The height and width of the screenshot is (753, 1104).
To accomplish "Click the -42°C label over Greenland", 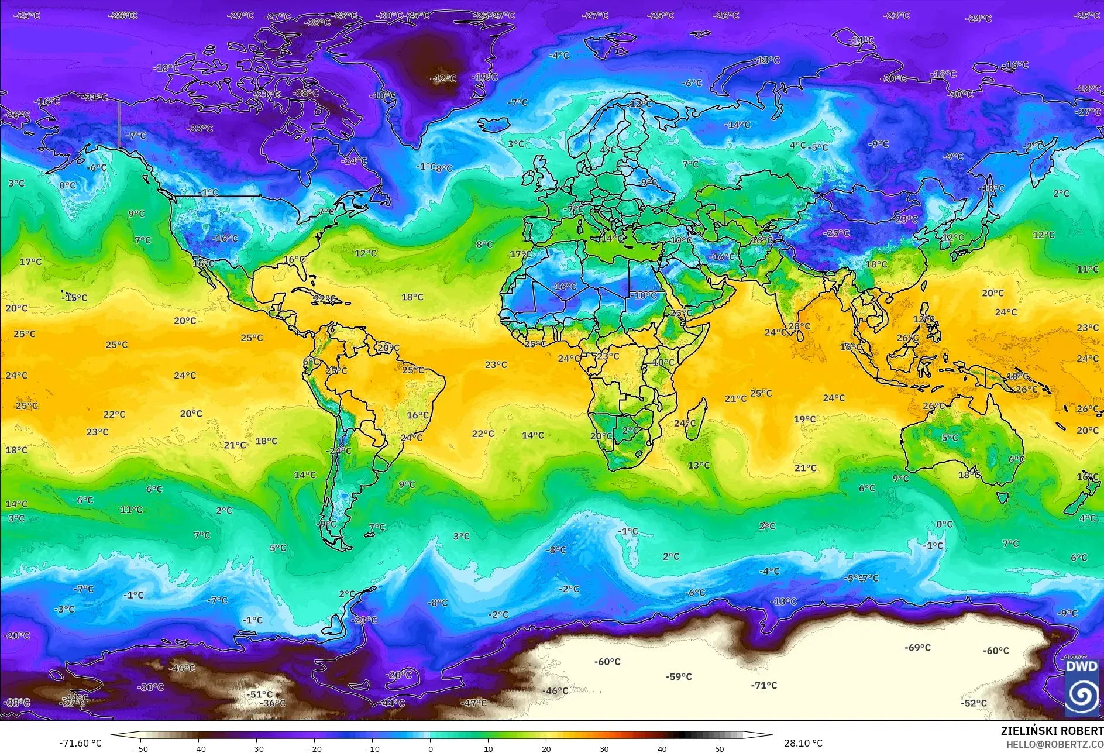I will click(x=443, y=78).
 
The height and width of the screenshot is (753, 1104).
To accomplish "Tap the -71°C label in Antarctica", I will click(x=764, y=685).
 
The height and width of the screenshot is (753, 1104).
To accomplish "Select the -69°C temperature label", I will click(x=917, y=647).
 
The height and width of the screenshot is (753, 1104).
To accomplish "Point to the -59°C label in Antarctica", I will click(x=679, y=676).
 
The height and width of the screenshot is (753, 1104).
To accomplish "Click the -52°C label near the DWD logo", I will click(x=974, y=703).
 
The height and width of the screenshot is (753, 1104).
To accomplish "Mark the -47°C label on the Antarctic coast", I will click(x=473, y=703).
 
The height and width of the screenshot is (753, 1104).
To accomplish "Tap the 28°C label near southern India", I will click(x=799, y=326).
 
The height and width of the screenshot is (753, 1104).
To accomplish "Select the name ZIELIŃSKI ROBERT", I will click(x=1052, y=731).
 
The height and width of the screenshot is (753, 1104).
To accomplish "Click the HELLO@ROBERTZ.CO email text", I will click(x=1054, y=744).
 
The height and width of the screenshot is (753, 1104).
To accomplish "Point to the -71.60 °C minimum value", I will click(x=80, y=743).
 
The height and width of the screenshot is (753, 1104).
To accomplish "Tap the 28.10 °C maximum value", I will click(x=803, y=743).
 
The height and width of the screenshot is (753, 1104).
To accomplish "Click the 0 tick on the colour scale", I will click(x=430, y=748).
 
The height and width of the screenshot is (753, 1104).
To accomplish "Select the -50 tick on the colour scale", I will click(x=140, y=748).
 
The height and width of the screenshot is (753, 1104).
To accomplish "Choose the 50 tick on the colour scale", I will click(x=719, y=748).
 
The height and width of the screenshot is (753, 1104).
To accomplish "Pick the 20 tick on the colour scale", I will click(x=546, y=748).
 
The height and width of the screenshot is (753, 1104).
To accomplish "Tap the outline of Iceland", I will click(x=494, y=125).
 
